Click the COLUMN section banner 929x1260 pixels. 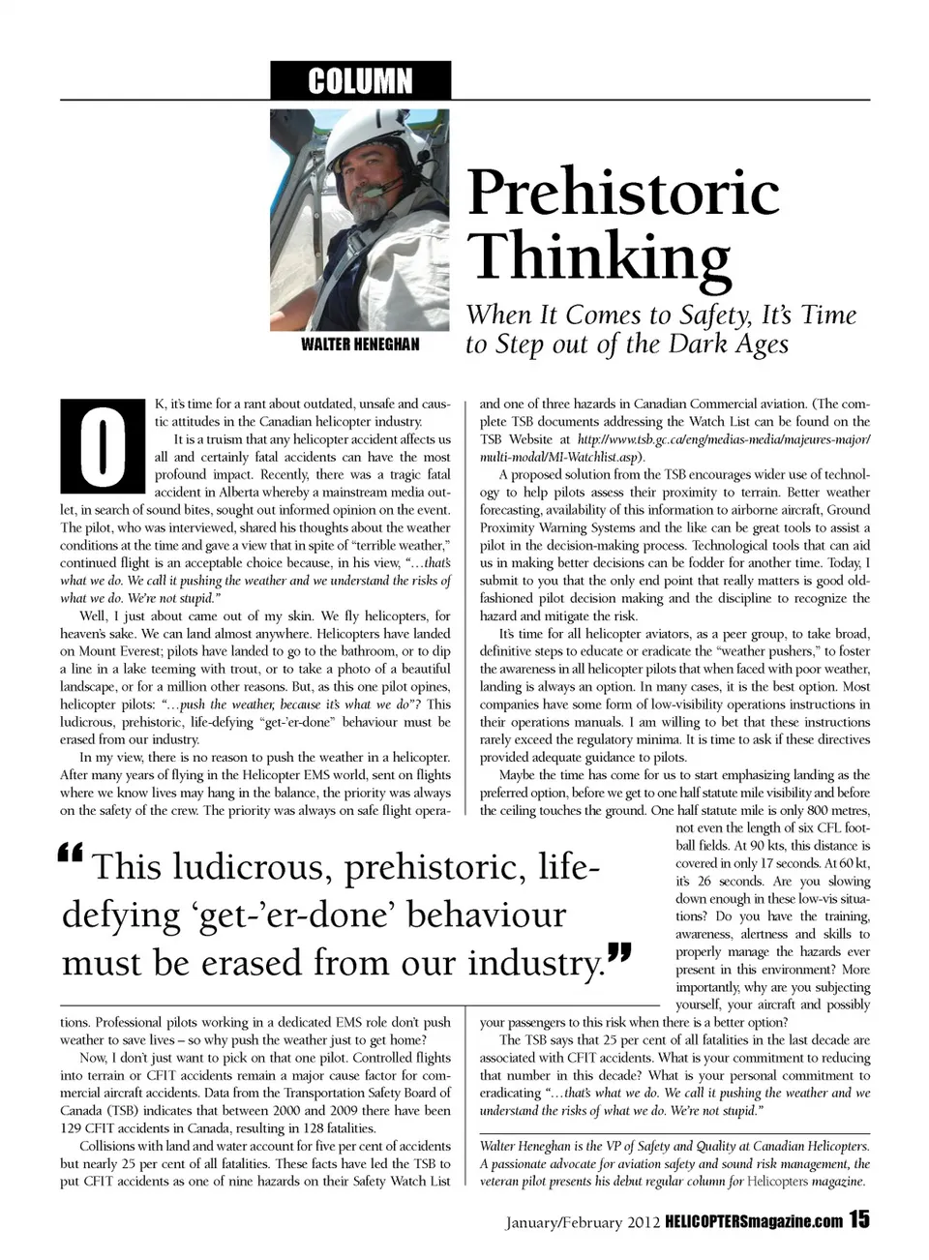tap(360, 80)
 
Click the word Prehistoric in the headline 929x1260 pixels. tap(623, 192)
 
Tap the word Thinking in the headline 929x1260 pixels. tap(600, 257)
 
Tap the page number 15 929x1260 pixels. tap(859, 1220)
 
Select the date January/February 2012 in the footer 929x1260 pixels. tap(583, 1222)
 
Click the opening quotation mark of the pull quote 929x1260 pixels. tap(71, 854)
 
